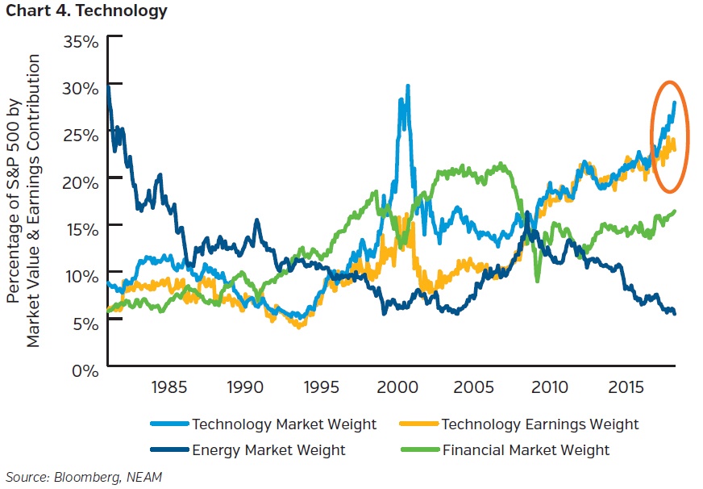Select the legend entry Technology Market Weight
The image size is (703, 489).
coord(283,424)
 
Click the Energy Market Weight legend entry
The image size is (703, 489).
coord(268,449)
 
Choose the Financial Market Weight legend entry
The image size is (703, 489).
coord(526,449)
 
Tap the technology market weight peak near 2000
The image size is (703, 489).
coord(407,87)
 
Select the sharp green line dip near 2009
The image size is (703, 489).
coord(538,279)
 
